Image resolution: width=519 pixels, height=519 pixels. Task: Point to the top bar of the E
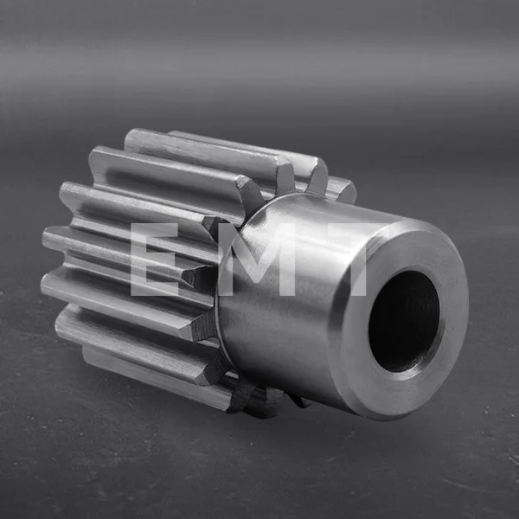(x=155, y=229)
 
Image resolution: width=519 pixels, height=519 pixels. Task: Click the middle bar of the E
(x=153, y=258)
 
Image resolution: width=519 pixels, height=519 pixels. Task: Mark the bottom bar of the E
(x=155, y=290)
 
